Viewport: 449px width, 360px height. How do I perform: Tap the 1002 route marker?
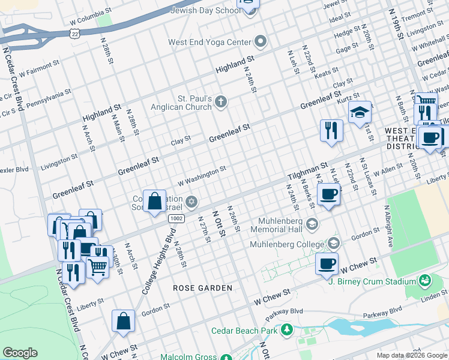(176, 219)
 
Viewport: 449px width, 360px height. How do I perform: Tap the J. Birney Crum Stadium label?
(375, 281)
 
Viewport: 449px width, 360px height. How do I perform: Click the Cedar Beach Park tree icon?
(288, 330)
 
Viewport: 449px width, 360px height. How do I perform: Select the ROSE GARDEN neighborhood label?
(202, 288)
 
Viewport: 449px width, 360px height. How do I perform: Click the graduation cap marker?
(360, 113)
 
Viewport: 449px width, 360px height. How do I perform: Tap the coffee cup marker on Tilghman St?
(329, 195)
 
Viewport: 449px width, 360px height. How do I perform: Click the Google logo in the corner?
(20, 353)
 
